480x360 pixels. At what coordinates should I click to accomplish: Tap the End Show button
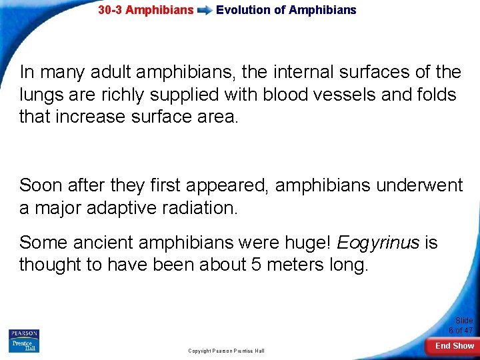pyautogui.click(x=454, y=346)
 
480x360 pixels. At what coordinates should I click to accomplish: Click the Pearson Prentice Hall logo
pyautogui.click(x=23, y=340)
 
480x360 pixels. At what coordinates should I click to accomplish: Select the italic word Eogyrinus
pyautogui.click(x=378, y=242)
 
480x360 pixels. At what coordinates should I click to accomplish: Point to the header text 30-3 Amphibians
pyautogui.click(x=146, y=10)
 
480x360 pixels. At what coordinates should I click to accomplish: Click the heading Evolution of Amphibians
pyautogui.click(x=286, y=10)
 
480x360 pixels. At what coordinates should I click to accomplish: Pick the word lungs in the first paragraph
pyautogui.click(x=41, y=95)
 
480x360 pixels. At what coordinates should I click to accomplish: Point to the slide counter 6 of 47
pyautogui.click(x=460, y=330)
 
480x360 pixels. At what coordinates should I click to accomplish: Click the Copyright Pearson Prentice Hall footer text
pyautogui.click(x=226, y=351)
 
